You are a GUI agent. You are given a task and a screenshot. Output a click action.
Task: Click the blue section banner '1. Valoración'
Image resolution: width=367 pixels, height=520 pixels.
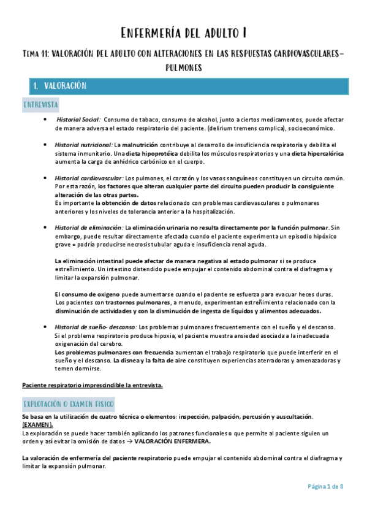point(60,86)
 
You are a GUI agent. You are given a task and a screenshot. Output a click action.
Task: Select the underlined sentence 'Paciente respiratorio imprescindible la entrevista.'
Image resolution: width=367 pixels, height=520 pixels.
point(93,384)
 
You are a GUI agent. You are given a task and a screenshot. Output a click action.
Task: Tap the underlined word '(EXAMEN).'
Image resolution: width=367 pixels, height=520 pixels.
point(37,425)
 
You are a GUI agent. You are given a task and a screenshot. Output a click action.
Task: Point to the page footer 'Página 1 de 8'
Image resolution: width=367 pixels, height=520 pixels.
point(325,486)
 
